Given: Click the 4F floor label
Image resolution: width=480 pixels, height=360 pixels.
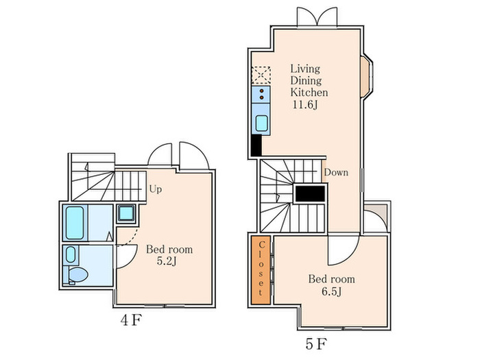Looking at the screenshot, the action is pyautogui.click(x=132, y=320).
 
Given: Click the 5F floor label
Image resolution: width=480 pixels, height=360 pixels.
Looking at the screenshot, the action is pyautogui.click(x=316, y=344).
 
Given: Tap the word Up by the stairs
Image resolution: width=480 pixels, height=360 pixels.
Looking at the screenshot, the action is pyautogui.click(x=156, y=189).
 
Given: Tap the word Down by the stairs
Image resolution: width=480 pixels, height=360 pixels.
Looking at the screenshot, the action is pyautogui.click(x=336, y=172).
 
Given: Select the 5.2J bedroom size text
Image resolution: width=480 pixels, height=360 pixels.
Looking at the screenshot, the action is pyautogui.click(x=167, y=261).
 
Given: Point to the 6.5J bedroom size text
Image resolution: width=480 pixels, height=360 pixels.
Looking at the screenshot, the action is pyautogui.click(x=331, y=291).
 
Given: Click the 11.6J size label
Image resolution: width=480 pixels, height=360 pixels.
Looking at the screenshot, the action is pyautogui.click(x=305, y=105).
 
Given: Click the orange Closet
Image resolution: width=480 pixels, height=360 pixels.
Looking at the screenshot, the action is pyautogui.click(x=261, y=269).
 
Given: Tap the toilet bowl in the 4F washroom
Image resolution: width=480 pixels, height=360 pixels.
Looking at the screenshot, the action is pyautogui.click(x=78, y=274).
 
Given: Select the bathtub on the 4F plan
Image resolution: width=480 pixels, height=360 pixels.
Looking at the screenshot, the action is pyautogui.click(x=75, y=223).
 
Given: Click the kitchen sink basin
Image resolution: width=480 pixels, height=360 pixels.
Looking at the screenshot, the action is pyautogui.click(x=262, y=123).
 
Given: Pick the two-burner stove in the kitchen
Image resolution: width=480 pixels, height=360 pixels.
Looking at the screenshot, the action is pyautogui.click(x=261, y=95).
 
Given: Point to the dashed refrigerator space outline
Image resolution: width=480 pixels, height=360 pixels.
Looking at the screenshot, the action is pyautogui.click(x=261, y=75).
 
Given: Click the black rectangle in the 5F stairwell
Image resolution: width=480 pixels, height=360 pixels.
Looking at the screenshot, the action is pyautogui.click(x=310, y=194).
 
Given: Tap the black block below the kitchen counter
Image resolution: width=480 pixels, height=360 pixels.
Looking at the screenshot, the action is pyautogui.click(x=256, y=145).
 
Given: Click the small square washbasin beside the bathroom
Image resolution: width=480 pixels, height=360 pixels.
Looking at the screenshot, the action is pyautogui.click(x=126, y=213).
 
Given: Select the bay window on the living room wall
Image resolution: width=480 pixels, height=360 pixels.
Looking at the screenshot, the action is pyautogui.click(x=366, y=77).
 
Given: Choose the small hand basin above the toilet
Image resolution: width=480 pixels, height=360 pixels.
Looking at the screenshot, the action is pyautogui.click(x=71, y=254).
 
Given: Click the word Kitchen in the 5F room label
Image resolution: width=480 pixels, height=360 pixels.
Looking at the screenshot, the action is pyautogui.click(x=309, y=93).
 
